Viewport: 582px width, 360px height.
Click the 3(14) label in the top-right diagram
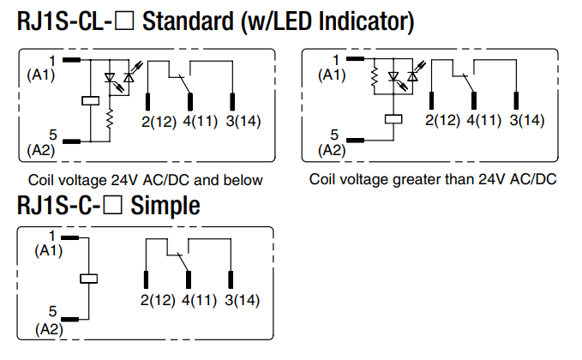[526, 119]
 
